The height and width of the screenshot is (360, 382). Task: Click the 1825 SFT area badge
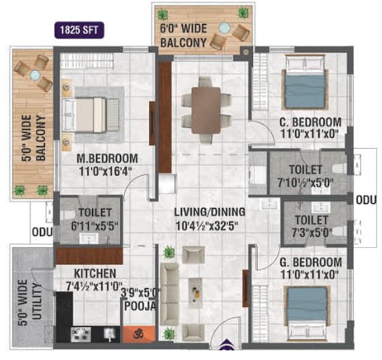(x=79, y=30)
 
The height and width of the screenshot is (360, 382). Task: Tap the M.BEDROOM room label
(x=107, y=158)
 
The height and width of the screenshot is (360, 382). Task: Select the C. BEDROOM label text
(x=311, y=122)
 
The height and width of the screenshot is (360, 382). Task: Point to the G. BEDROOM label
(x=311, y=262)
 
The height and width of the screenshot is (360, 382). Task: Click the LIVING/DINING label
(x=210, y=212)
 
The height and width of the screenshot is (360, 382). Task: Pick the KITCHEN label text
(x=95, y=274)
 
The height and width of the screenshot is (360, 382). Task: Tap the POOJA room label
(x=140, y=306)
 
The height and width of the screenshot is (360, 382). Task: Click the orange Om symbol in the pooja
(x=139, y=334)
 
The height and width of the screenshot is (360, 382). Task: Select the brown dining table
(x=206, y=110)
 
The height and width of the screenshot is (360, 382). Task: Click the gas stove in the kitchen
(x=81, y=334)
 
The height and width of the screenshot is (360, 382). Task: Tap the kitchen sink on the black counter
(x=110, y=334)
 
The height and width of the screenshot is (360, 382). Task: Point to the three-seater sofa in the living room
(x=170, y=294)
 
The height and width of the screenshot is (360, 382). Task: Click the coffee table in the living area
(x=195, y=293)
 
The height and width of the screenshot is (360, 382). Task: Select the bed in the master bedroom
(x=90, y=114)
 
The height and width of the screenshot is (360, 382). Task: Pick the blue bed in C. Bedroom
(x=305, y=82)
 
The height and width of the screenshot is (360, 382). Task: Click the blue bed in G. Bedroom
(x=308, y=314)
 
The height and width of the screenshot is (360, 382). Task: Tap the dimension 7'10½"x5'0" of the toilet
(x=305, y=183)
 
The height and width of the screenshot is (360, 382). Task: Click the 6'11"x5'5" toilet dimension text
(x=94, y=226)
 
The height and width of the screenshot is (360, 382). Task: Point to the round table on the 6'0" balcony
(x=224, y=28)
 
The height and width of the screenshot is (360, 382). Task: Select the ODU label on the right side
(x=366, y=200)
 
